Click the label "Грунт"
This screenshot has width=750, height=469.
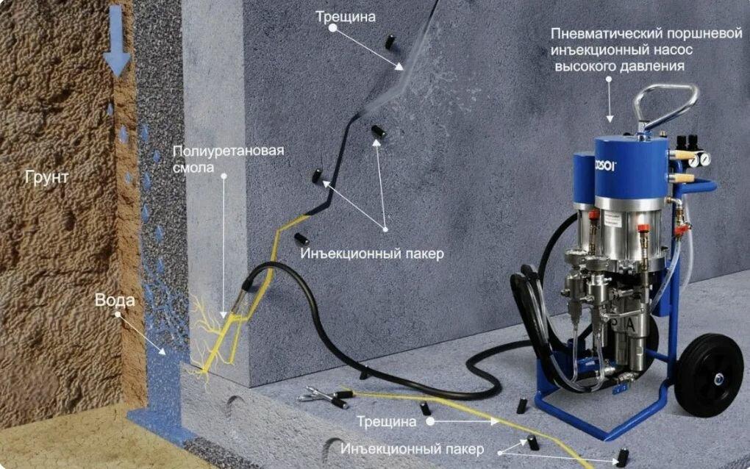tap(47, 177)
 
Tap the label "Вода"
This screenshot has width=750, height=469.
tap(115, 300)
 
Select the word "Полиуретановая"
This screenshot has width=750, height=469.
tap(228, 151)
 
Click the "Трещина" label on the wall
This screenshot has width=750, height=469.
tap(346, 17)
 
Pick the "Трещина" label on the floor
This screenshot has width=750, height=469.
tap(387, 422)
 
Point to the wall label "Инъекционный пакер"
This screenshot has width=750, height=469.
tap(372, 254)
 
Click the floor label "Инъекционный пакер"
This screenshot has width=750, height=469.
tap(413, 449)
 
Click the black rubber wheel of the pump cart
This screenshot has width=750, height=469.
tap(709, 376)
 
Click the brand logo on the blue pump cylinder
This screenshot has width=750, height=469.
tap(606, 165)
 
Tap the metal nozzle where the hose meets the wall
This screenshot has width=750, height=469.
tap(243, 300)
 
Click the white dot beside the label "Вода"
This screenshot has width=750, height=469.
tap(118, 315)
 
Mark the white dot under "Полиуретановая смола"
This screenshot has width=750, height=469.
tap(224, 176)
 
